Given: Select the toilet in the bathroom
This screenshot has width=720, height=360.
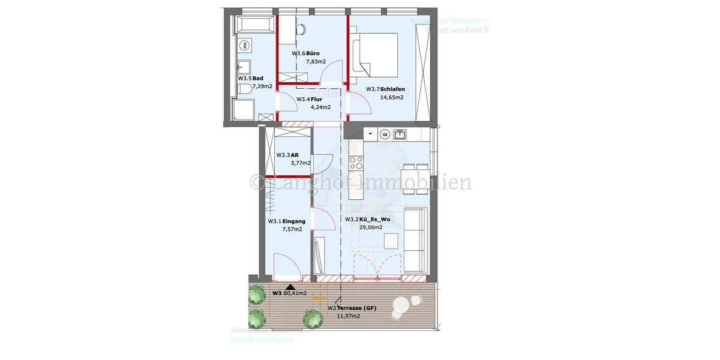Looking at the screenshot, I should [x=243, y=90].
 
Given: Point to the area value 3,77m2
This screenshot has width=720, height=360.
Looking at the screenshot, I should [x=301, y=163].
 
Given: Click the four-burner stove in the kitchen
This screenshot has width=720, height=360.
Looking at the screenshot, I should [x=356, y=163].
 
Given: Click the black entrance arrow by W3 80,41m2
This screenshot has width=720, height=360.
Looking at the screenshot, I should [x=291, y=287].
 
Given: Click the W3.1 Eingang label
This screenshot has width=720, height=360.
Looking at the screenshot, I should [x=286, y=221].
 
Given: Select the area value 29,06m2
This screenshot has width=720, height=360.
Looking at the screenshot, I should [x=370, y=227].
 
